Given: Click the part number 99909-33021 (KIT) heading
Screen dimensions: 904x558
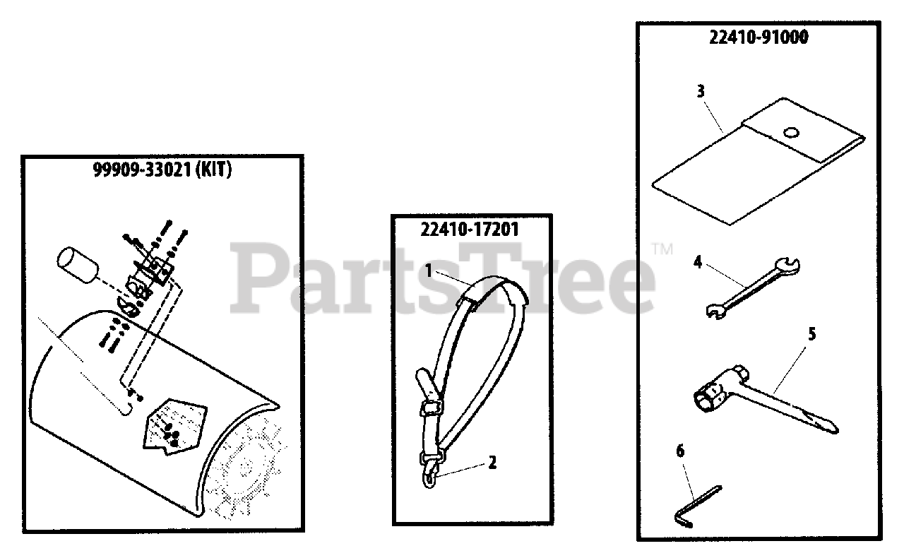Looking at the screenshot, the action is (x=162, y=170).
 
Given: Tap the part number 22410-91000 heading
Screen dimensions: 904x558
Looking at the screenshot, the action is (x=759, y=38).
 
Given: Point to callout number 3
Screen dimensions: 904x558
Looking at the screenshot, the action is (x=700, y=91).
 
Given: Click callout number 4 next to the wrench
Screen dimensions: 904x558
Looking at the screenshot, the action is (x=697, y=263).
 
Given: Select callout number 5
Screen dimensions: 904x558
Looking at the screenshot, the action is (x=811, y=334).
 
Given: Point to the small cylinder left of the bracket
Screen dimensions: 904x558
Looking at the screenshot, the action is (x=77, y=266).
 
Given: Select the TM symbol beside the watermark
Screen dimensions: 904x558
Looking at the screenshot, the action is (x=661, y=249).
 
